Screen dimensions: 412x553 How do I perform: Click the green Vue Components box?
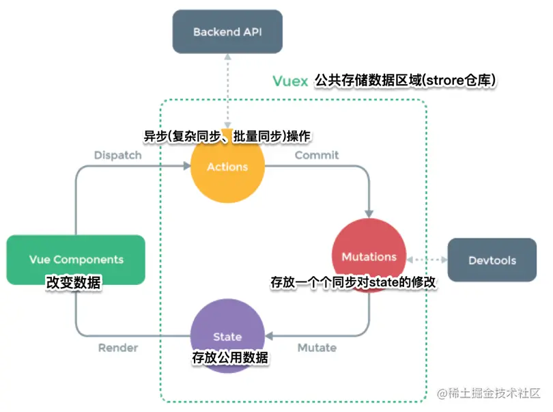pyautogui.click(x=76, y=260)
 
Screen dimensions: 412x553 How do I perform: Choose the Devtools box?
pyautogui.click(x=492, y=260)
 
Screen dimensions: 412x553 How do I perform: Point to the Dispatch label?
pyautogui.click(x=117, y=155)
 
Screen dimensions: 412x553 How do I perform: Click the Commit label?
pyautogui.click(x=316, y=155)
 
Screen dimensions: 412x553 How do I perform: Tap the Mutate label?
pyautogui.click(x=317, y=348)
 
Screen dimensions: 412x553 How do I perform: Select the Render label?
pyautogui.click(x=117, y=348)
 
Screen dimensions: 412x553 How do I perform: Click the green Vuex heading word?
pyautogui.click(x=290, y=81)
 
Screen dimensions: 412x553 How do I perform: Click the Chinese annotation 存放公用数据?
pyautogui.click(x=229, y=357)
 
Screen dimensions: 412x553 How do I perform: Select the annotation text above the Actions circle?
pyautogui.click(x=227, y=137)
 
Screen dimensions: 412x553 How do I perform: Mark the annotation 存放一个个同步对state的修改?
pyautogui.click(x=353, y=281)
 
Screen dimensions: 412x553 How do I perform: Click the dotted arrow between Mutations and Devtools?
pyautogui.click(x=427, y=260)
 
